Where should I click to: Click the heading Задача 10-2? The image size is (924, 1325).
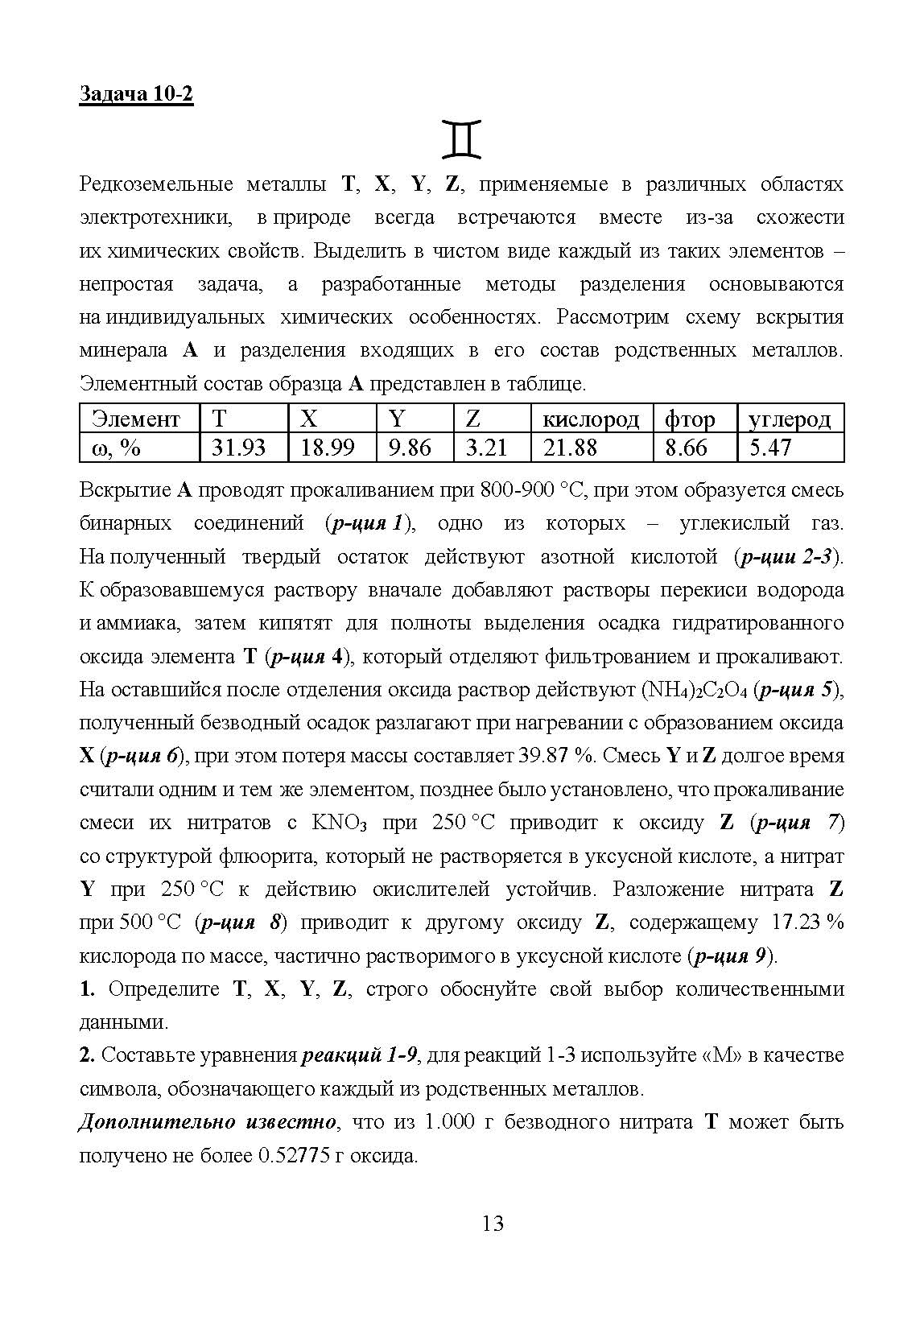[x=136, y=94]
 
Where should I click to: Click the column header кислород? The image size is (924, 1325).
[x=591, y=419]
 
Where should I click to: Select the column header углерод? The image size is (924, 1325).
[x=789, y=419]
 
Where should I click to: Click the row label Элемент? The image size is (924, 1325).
[x=136, y=419]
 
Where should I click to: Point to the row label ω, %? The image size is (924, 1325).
[x=117, y=448]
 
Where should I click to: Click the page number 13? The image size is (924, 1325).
[x=493, y=1224]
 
